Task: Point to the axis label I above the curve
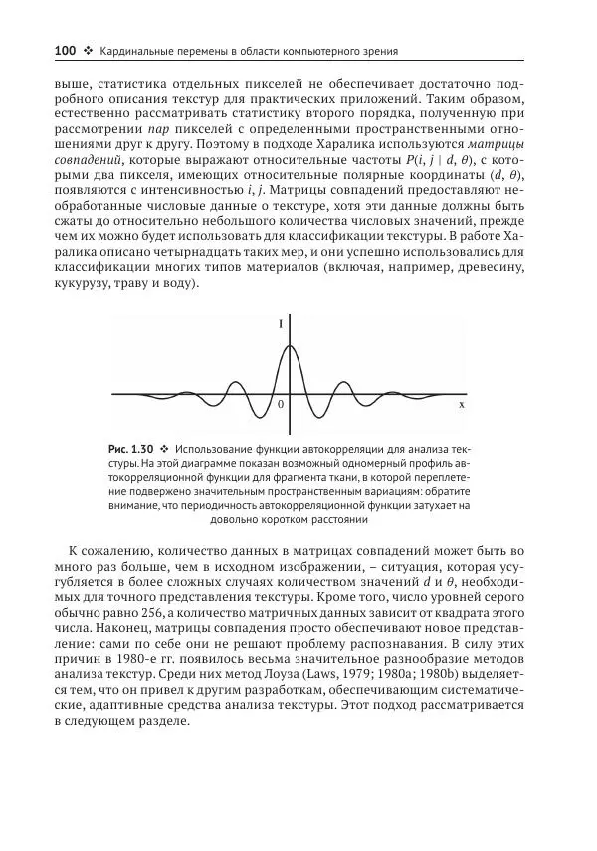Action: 282,323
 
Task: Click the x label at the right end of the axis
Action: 461,405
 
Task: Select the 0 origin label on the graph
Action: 281,405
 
